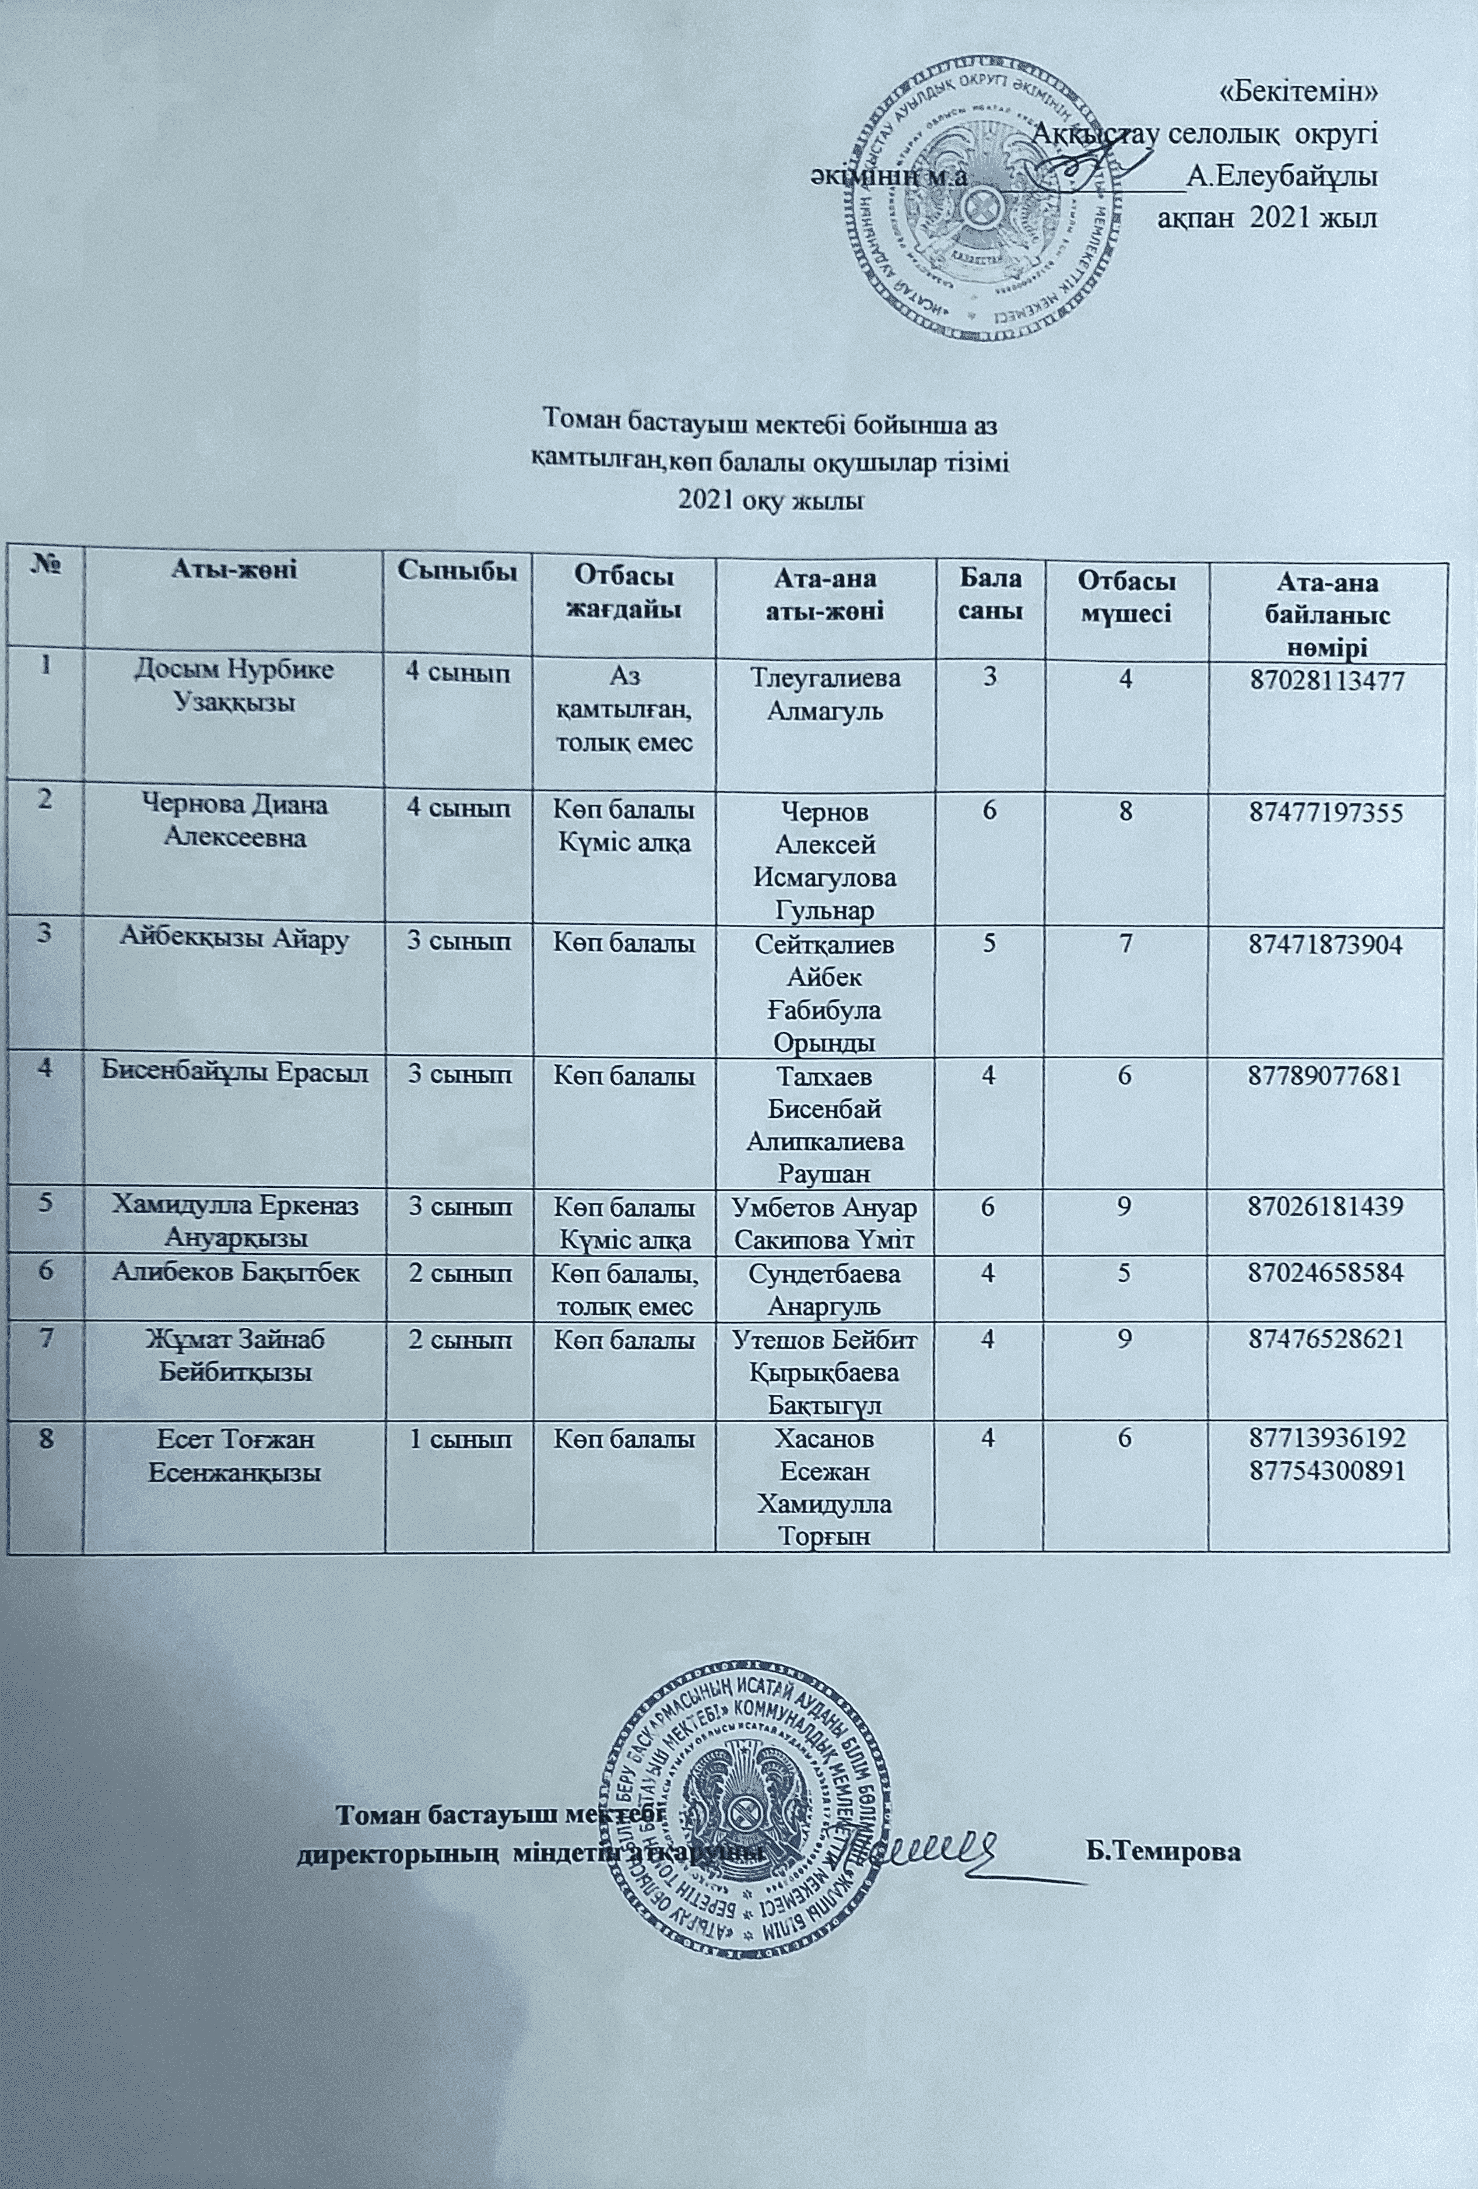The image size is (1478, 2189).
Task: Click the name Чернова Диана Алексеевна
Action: [234, 822]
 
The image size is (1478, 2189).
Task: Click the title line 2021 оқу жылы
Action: [771, 500]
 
